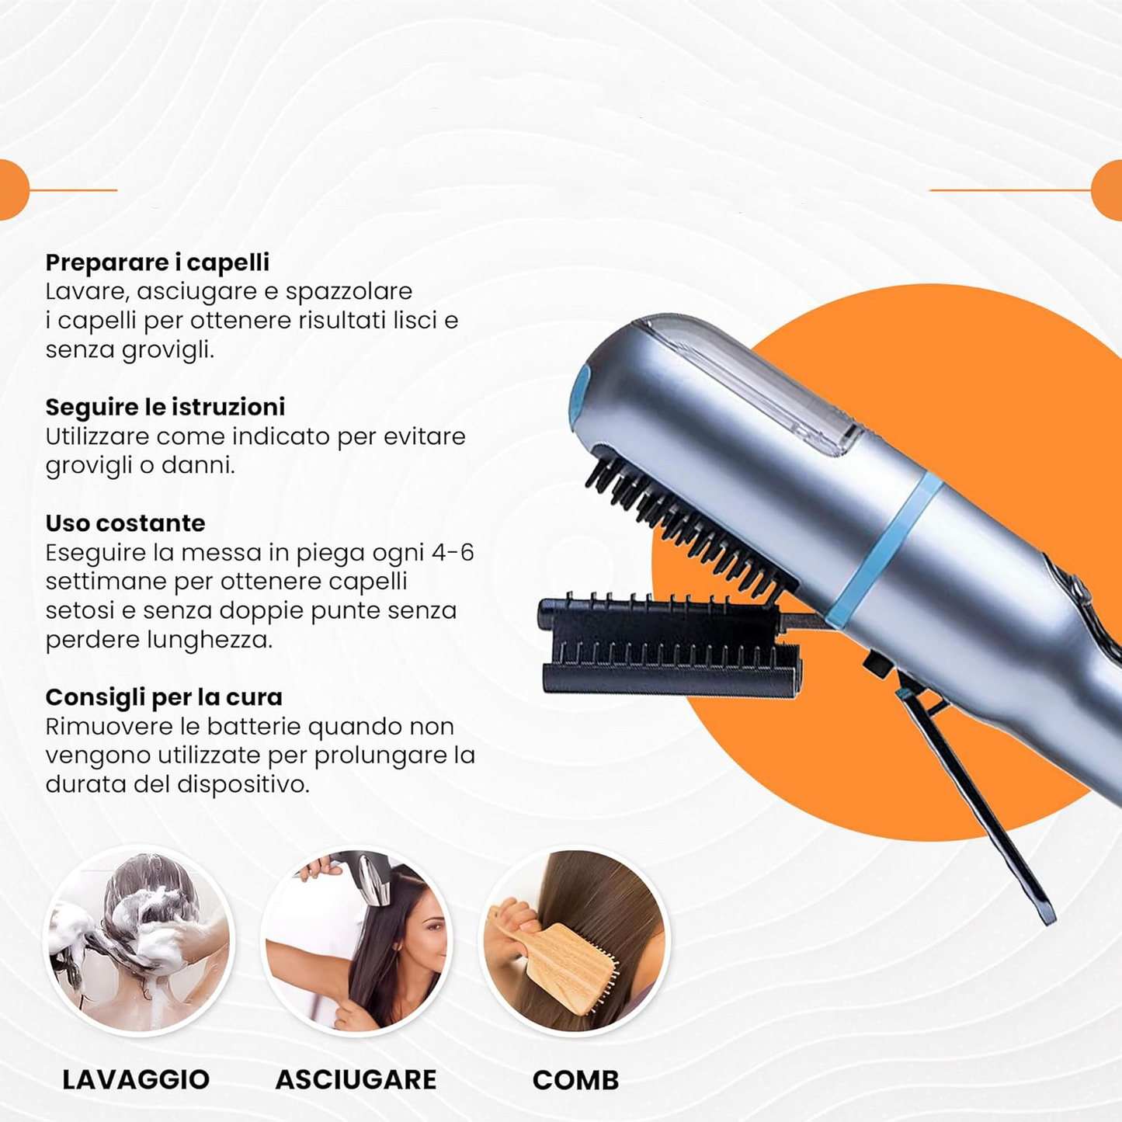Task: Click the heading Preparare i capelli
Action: pos(157,262)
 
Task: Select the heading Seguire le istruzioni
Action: pos(165,407)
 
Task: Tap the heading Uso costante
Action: pos(125,523)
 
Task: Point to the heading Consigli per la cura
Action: pos(163,697)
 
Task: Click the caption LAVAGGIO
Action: pos(136,1079)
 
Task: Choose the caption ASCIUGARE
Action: pos(356,1079)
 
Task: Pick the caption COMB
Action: pos(575,1080)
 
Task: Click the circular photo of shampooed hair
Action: pos(138,940)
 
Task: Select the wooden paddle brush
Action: pos(571,963)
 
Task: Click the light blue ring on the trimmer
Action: pos(885,547)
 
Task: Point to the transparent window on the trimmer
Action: pos(745,380)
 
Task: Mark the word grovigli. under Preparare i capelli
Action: pos(168,350)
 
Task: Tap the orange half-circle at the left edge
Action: pos(11,189)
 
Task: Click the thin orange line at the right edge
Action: pos(1009,189)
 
